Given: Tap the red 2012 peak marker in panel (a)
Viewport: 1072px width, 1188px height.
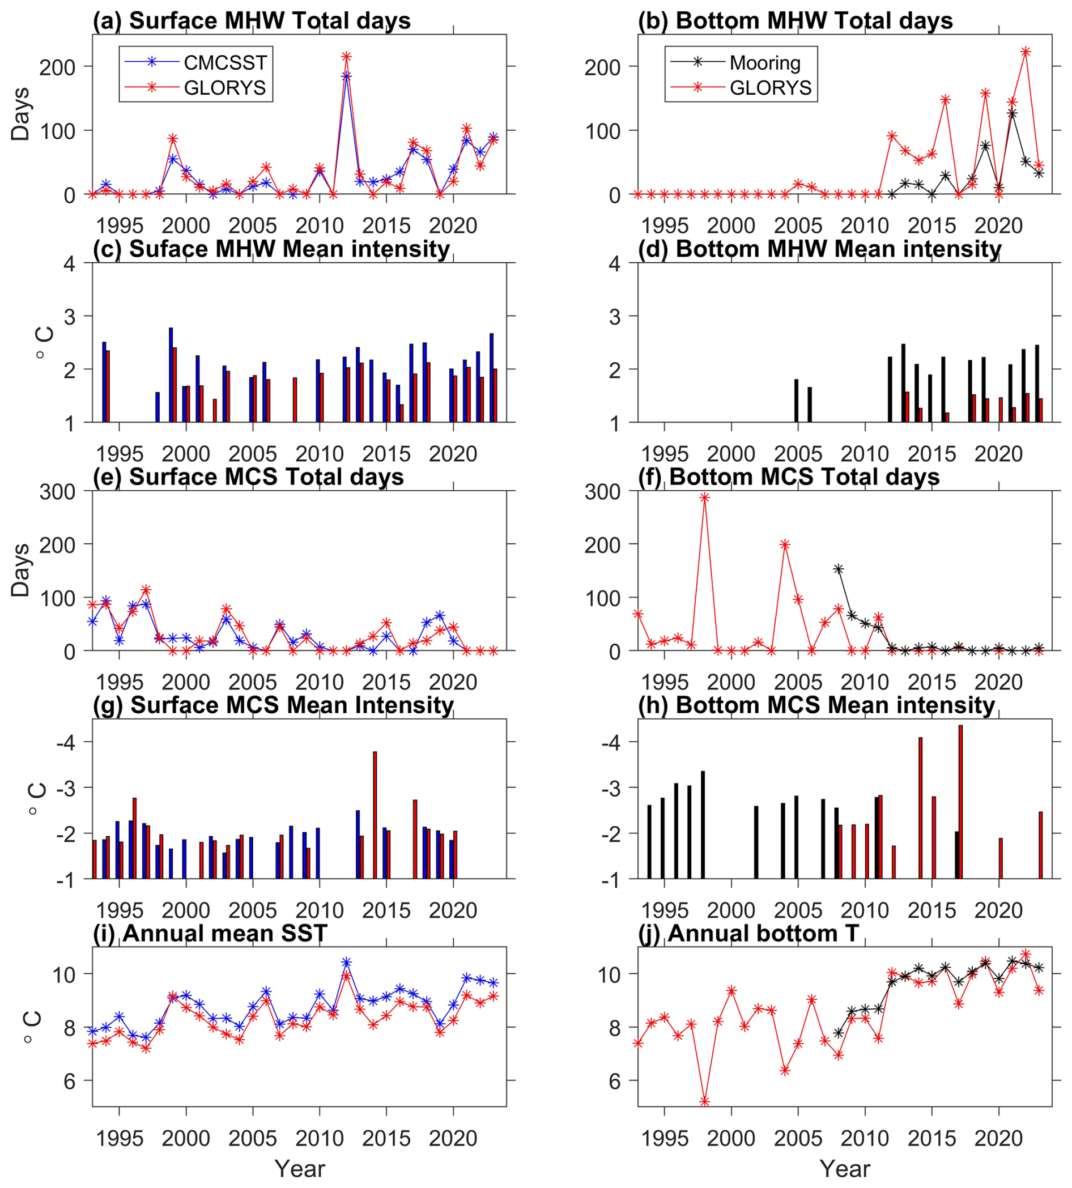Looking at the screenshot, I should pos(346,57).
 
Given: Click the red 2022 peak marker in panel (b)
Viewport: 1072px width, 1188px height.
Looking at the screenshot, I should pos(1026,52).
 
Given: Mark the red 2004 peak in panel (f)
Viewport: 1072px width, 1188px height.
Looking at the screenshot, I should pos(785,545).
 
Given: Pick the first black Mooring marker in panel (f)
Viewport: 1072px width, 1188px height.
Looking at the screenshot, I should pos(838,569).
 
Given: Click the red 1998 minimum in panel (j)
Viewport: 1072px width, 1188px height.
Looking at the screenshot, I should pos(704,1101).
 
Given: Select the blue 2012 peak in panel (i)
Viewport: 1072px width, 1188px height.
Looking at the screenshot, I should pos(346,963).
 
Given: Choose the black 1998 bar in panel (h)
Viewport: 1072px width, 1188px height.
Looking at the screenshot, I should pos(703,825).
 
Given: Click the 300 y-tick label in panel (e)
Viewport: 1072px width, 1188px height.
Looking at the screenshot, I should pos(57,492).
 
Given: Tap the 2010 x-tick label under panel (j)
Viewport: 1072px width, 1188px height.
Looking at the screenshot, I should pos(864,1139).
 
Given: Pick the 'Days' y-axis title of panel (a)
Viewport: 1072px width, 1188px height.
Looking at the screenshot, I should pos(20,114).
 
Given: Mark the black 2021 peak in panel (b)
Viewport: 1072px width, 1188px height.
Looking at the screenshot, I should pos(1012,114).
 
